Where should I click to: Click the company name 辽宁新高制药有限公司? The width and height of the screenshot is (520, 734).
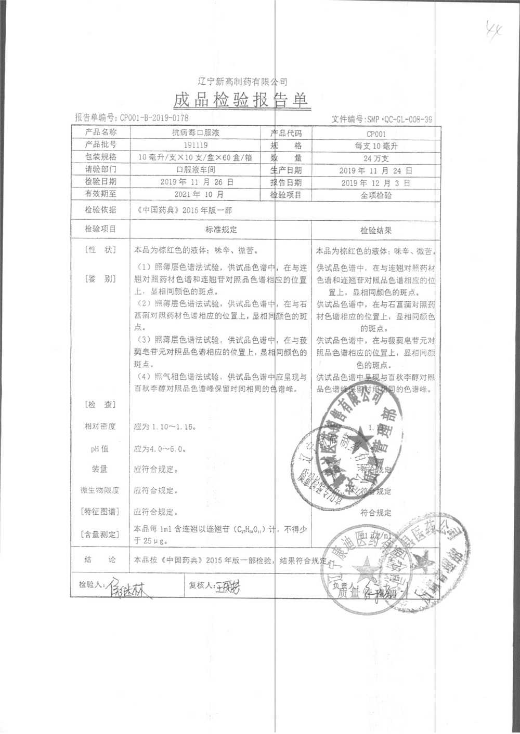point(243,82)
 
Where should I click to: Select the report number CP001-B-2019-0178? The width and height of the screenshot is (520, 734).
point(154,118)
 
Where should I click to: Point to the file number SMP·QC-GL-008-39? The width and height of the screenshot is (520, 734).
point(399,119)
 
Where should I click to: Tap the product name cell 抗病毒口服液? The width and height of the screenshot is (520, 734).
point(196,133)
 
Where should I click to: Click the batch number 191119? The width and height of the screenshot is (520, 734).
point(196,145)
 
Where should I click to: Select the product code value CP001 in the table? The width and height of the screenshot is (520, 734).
point(376,134)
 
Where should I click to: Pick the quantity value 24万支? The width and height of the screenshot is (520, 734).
point(376,158)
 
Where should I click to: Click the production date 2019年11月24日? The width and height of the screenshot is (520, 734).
point(375,170)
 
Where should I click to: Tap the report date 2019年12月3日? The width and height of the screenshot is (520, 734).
point(375,183)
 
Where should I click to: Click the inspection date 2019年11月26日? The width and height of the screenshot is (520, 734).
point(196,182)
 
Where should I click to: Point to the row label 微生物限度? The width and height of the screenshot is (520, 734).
point(100,490)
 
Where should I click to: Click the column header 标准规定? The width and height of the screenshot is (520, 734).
point(221,230)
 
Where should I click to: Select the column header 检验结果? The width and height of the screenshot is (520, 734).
point(376,230)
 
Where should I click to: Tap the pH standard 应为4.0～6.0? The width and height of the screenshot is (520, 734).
point(160,449)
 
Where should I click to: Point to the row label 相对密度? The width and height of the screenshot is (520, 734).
point(100,426)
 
